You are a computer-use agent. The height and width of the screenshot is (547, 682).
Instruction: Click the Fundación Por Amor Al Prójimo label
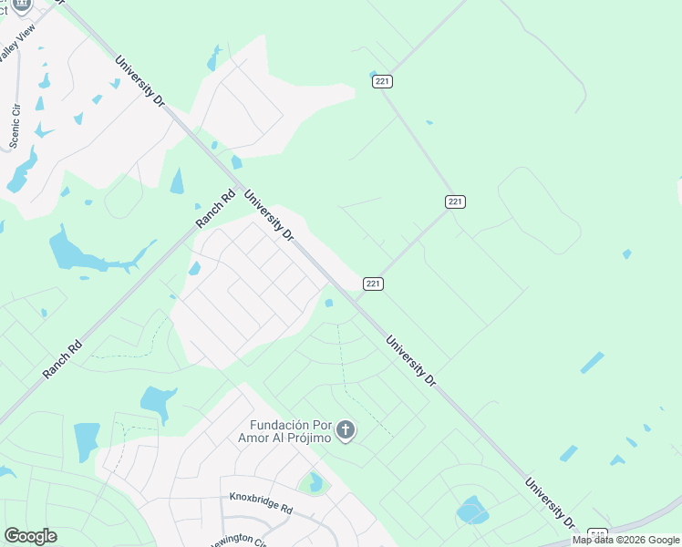pos(289,431)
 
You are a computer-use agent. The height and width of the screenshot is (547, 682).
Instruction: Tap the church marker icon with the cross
pos(345,430)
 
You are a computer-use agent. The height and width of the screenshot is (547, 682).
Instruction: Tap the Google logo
pos(30,536)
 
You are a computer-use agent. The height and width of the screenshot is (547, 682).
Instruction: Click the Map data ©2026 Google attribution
pos(626,540)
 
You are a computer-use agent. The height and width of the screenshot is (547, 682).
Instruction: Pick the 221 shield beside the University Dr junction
pos(373,284)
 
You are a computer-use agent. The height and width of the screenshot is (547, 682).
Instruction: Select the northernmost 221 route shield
pos(382,82)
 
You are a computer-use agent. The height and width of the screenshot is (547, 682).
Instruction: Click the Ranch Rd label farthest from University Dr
pos(62,360)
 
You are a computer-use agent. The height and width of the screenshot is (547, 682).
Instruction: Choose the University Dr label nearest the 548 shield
pos(550,501)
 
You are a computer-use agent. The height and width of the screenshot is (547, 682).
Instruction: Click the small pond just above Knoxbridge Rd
pos(315,481)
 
